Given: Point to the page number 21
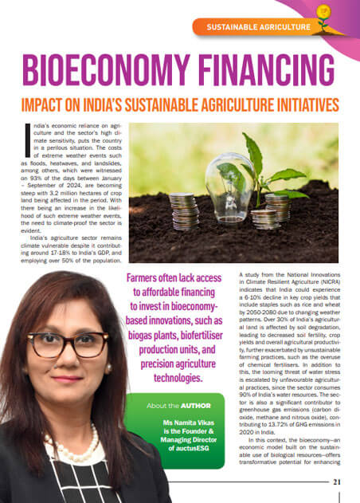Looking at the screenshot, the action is (x=337, y=481).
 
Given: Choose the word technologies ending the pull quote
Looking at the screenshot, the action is (x=174, y=378).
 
